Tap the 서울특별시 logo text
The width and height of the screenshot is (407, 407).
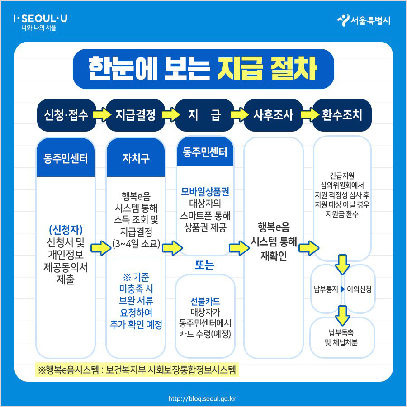364,21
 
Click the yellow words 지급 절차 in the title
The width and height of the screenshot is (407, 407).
267,69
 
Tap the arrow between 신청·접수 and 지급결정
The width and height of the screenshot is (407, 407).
100,115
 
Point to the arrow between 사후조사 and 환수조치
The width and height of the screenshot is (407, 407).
308,115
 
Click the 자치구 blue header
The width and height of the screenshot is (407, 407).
135,158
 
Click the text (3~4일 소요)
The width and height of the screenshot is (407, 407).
136,244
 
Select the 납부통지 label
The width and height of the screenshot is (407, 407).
326,289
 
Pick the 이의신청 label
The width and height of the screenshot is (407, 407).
359,289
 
